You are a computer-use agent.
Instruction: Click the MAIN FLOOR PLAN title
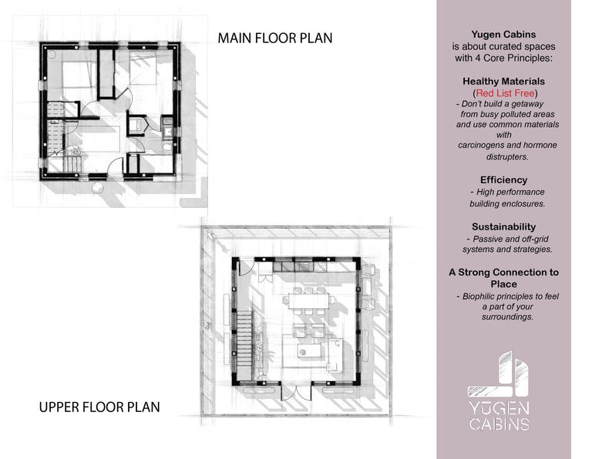tap(274, 38)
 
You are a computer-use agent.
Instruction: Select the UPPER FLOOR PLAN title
tap(99, 407)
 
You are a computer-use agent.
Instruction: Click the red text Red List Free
tap(503, 92)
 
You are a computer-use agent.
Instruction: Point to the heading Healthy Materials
tap(503, 81)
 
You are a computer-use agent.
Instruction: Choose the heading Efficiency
tap(503, 180)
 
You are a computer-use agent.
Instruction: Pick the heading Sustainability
tap(503, 226)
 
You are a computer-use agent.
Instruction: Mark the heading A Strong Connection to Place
tap(503, 278)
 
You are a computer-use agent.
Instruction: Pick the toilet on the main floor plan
tap(166, 143)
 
